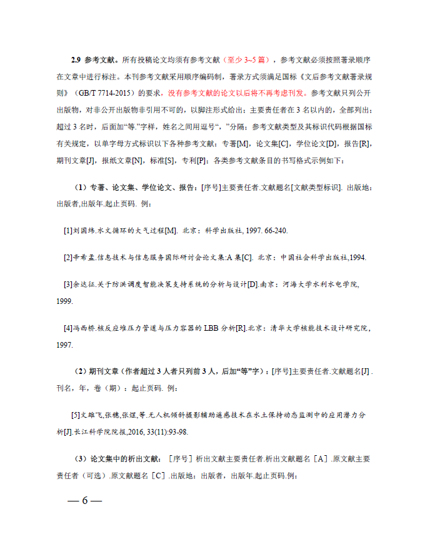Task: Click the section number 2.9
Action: (x=75, y=60)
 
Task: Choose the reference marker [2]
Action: (x=68, y=258)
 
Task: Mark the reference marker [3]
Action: (x=68, y=285)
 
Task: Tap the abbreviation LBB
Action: (x=209, y=328)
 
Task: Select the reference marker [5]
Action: (x=77, y=415)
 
